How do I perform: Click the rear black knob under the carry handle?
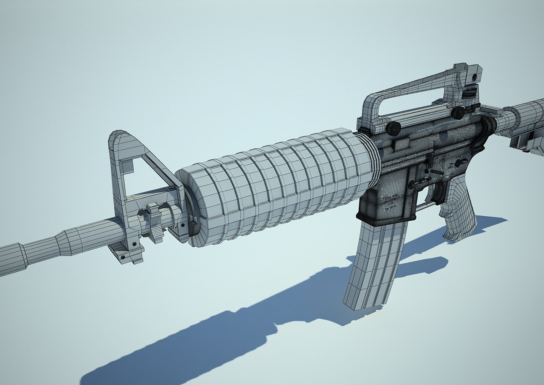(458, 113)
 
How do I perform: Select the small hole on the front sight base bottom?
(123, 256)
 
